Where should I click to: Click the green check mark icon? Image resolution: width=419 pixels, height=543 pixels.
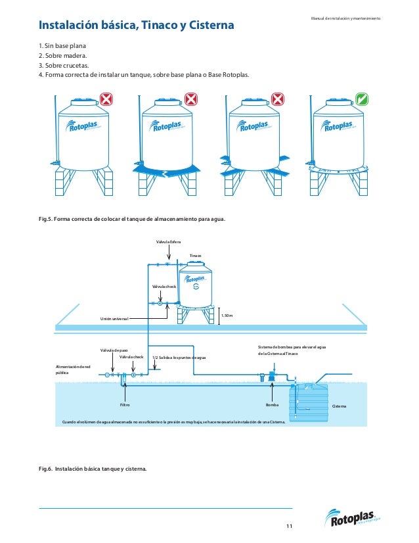pos(361,99)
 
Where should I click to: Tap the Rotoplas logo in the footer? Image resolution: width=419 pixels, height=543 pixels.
pos(354,519)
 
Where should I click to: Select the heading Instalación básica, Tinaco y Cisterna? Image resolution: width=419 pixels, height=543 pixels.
pos(137,26)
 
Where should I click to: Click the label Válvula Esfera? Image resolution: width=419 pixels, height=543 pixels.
pos(168,242)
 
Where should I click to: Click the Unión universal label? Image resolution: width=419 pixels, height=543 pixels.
pos(114,319)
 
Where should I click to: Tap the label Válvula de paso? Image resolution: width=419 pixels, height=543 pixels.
pos(114,350)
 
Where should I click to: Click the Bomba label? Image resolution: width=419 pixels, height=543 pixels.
pos(273,406)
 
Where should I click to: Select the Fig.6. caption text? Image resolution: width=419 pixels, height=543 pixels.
pos(93,469)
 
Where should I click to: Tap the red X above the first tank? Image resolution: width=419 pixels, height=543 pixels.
pos(106,99)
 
